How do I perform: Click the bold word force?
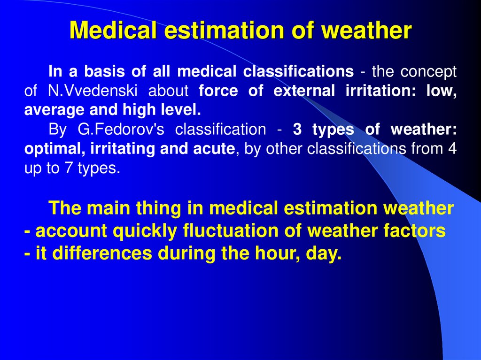pyautogui.click(x=218, y=91)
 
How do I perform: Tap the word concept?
pyautogui.click(x=427, y=72)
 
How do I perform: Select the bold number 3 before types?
pyautogui.click(x=297, y=129)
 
